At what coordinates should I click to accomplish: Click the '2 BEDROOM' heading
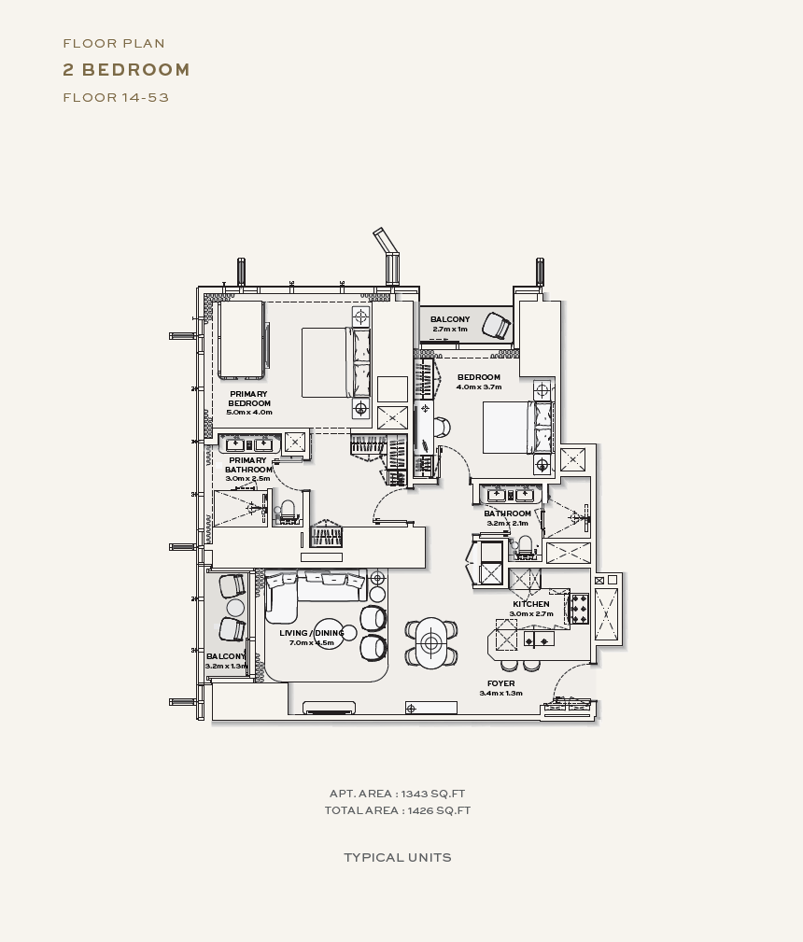[126, 70]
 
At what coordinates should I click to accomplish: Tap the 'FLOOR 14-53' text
[116, 97]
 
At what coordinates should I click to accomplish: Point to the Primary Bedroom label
[248, 399]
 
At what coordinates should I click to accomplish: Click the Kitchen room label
[530, 604]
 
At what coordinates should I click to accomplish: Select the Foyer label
[500, 683]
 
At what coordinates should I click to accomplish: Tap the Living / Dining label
[311, 633]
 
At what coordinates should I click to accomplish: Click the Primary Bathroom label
[248, 464]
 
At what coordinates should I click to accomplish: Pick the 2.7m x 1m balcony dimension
[449, 330]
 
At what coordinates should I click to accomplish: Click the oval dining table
[430, 643]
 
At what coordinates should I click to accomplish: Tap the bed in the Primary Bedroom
[336, 362]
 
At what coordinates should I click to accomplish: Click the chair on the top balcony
[497, 325]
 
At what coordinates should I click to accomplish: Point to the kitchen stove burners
[579, 609]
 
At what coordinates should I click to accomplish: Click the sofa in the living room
[315, 593]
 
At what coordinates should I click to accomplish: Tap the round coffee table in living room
[330, 634]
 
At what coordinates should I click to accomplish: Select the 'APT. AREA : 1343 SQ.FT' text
[397, 794]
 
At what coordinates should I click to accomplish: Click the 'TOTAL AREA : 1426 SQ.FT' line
[397, 810]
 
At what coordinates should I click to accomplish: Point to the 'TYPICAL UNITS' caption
[397, 857]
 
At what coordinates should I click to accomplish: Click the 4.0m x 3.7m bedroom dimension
[478, 387]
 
